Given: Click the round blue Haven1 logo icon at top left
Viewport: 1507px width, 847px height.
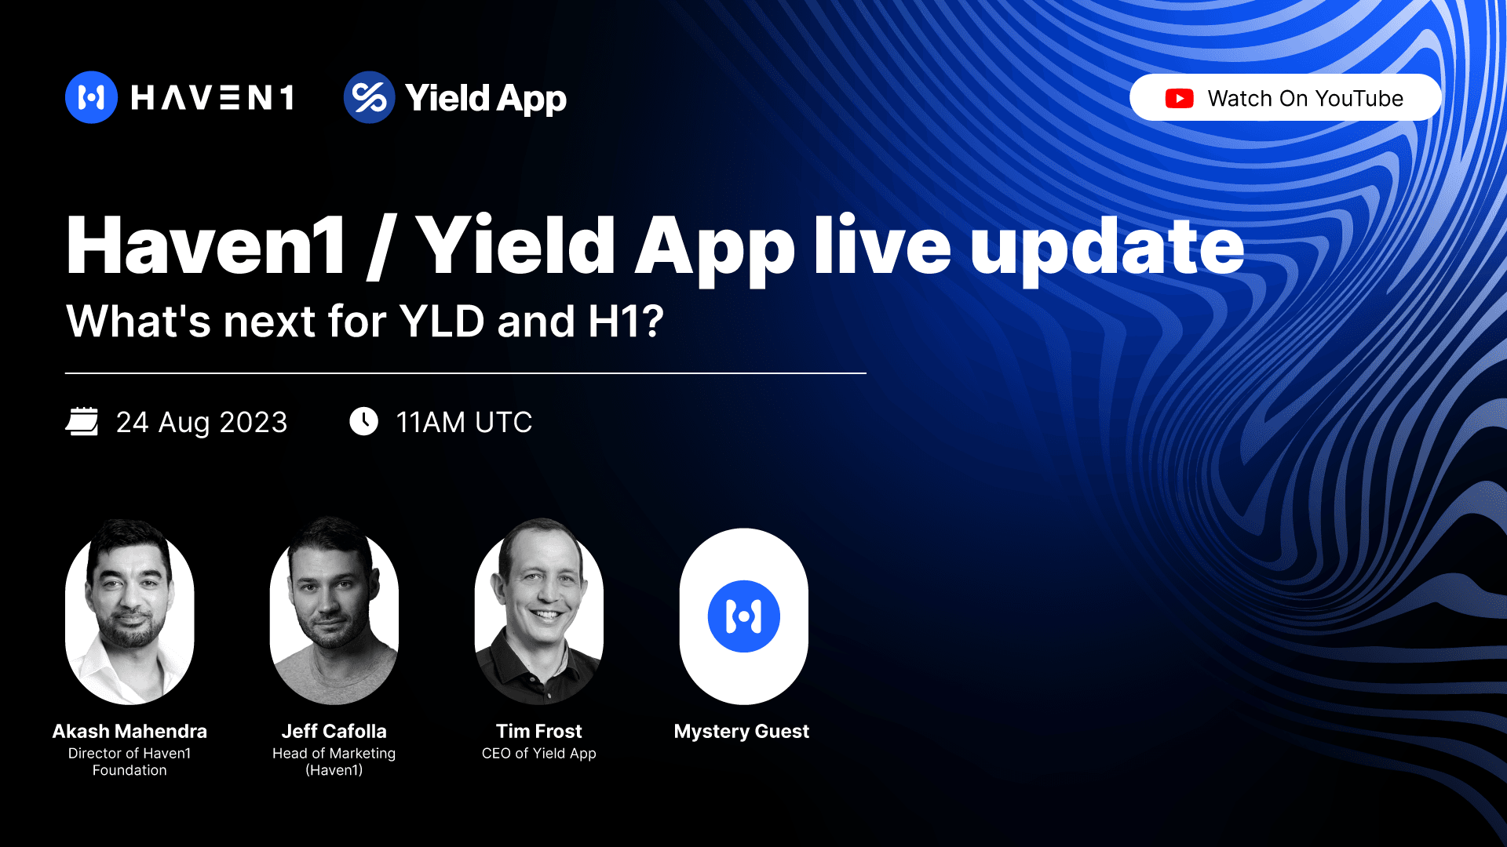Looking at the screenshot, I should click(91, 97).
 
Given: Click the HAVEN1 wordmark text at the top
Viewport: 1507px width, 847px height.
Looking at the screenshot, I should click(213, 98).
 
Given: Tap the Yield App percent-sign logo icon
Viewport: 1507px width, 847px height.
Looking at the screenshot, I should click(369, 97).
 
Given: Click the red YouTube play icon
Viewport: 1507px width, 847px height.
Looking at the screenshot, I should click(1179, 98).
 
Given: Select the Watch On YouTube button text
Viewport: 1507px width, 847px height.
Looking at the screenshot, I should click(1304, 98).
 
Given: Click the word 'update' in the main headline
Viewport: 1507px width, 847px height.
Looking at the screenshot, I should click(1107, 246).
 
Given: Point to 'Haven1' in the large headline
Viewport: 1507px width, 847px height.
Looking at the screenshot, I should click(206, 246).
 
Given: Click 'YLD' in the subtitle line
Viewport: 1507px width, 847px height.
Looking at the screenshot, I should click(442, 322).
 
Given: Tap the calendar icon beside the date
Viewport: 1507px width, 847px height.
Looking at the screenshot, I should click(82, 421).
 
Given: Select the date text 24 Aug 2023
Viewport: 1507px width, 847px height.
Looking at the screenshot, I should click(202, 422).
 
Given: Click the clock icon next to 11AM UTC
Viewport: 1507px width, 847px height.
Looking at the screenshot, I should click(363, 421).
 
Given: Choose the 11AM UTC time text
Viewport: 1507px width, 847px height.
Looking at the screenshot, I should click(464, 422).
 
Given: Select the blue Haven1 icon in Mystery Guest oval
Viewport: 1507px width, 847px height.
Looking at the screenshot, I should click(743, 616).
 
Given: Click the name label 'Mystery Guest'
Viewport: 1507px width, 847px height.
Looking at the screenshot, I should click(741, 731).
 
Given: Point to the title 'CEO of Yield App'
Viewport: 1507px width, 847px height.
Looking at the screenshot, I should click(539, 753).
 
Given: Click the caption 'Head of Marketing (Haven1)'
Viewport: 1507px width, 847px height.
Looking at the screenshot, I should click(334, 761).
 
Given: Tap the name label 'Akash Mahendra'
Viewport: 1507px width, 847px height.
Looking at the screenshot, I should click(130, 731).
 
